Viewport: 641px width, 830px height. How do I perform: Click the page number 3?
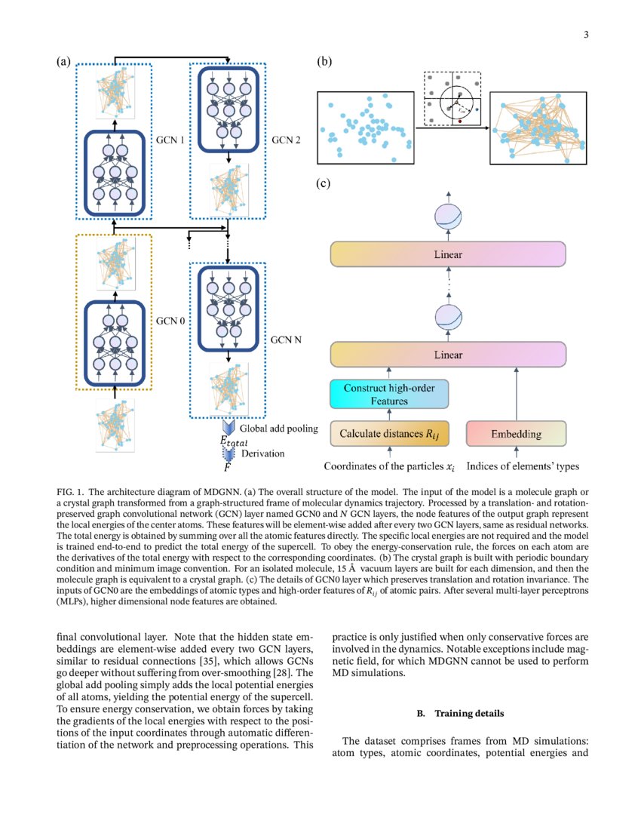click(585, 35)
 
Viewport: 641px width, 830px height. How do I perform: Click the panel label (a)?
click(64, 63)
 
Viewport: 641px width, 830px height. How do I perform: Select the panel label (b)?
click(325, 63)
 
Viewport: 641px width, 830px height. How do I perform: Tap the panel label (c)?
click(325, 183)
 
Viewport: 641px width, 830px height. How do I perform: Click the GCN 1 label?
click(170, 140)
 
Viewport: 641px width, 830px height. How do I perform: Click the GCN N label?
click(287, 340)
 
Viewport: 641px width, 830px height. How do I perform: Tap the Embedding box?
click(516, 434)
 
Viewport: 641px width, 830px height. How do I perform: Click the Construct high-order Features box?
click(389, 395)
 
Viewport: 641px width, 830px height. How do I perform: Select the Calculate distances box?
click(389, 434)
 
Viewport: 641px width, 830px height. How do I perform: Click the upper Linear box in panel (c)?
click(448, 254)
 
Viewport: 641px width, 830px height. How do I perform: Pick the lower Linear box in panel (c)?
click(448, 354)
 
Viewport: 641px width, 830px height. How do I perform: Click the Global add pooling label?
click(279, 429)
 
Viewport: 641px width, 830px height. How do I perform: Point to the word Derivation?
click(263, 453)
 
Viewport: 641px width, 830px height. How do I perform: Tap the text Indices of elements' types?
click(523, 466)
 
